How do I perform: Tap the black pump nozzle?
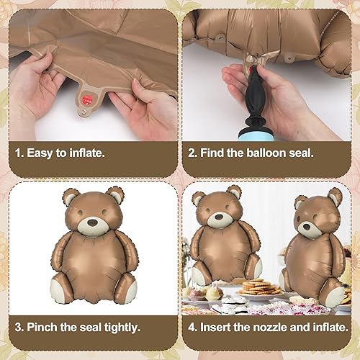[254, 102]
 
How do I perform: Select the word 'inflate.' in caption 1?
[87, 153]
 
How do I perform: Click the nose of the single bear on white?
[93, 222]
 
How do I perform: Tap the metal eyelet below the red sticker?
[84, 111]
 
